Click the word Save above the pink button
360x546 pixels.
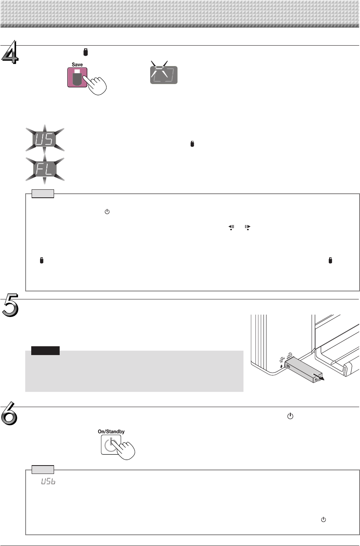(x=77, y=64)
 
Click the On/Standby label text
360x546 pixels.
(x=111, y=432)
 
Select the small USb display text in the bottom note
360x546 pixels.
(x=48, y=482)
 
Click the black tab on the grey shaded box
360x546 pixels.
(x=45, y=351)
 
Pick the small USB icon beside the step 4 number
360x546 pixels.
(x=85, y=52)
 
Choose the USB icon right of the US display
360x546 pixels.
(x=192, y=144)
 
